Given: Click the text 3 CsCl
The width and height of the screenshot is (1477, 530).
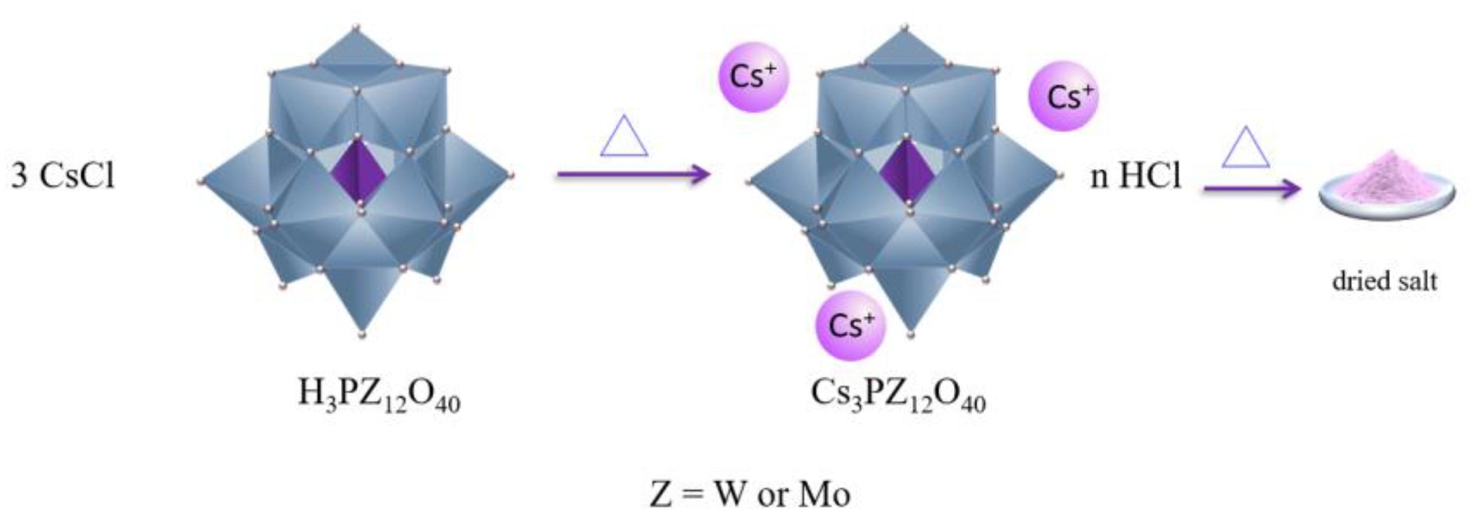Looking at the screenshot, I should [x=63, y=175].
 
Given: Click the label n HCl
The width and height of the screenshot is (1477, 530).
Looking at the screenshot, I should [x=1135, y=175].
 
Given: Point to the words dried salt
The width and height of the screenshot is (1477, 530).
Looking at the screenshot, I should [x=1384, y=282].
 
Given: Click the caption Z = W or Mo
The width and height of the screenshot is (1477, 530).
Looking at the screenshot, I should [x=750, y=494].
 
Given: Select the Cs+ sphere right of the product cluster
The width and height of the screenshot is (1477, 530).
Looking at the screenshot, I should [x=1063, y=96].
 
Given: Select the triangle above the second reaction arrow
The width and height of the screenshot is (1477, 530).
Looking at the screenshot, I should [x=1245, y=148].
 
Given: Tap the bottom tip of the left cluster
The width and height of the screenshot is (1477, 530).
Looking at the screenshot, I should [x=362, y=333].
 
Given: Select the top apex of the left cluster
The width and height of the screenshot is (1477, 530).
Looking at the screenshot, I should [x=356, y=28].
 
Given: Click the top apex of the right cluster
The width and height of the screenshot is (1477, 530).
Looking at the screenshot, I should [x=905, y=28].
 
